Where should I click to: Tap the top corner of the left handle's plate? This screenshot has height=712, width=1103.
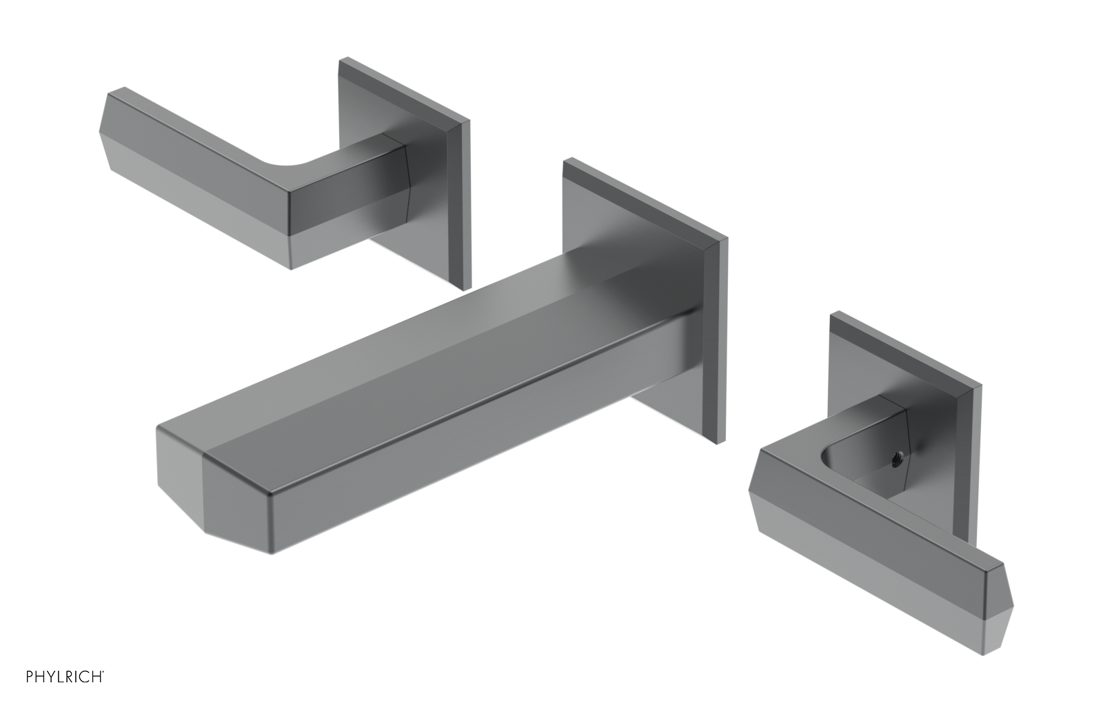click(x=341, y=63)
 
